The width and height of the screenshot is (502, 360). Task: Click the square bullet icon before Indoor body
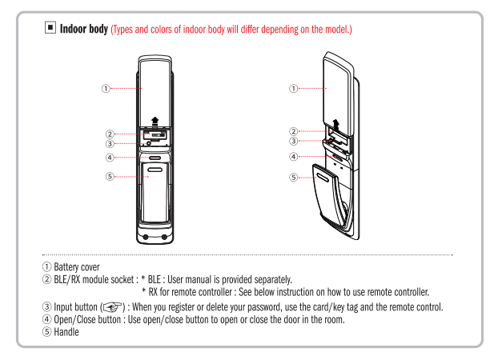(50, 27)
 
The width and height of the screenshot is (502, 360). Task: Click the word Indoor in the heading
(74, 29)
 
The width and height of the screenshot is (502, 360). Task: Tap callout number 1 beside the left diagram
(106, 88)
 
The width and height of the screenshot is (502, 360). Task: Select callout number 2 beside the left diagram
(110, 134)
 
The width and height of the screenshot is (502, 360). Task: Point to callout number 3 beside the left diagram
(110, 144)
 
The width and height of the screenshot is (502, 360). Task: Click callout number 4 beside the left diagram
(110, 158)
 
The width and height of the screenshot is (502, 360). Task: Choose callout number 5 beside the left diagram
(110, 176)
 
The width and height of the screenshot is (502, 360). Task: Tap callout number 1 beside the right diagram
(293, 88)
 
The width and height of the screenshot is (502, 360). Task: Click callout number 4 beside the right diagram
(293, 157)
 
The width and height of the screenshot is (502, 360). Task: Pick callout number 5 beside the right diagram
(293, 178)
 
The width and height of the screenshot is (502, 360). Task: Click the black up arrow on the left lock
(155, 121)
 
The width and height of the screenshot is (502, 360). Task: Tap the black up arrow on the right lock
(335, 123)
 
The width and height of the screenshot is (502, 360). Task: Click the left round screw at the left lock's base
(146, 237)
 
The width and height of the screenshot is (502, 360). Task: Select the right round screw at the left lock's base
(164, 237)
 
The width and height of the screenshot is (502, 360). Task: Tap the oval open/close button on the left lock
(155, 158)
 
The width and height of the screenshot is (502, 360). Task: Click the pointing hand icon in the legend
(112, 307)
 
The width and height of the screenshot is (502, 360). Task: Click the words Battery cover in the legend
(77, 267)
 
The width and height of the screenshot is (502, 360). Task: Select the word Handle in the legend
(66, 332)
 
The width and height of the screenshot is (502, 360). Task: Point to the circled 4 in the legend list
(46, 319)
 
